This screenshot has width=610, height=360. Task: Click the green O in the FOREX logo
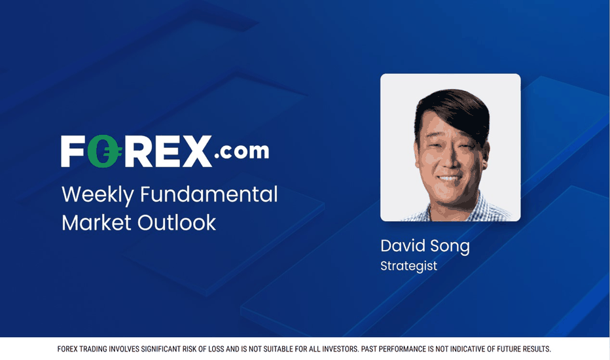pyautogui.click(x=103, y=151)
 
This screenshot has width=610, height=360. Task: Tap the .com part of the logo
pyautogui.click(x=242, y=151)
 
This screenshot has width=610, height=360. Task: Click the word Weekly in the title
pyautogui.click(x=98, y=194)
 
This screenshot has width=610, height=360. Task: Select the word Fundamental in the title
pyautogui.click(x=209, y=194)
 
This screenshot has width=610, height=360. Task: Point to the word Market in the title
pyautogui.click(x=96, y=223)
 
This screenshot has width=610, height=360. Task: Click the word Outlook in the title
pyautogui.click(x=177, y=223)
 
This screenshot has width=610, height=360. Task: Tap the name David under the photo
pyautogui.click(x=403, y=245)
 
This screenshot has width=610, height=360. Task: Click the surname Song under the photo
pyautogui.click(x=450, y=246)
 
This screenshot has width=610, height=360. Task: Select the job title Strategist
pyautogui.click(x=408, y=266)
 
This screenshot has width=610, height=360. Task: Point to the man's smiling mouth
pyautogui.click(x=450, y=178)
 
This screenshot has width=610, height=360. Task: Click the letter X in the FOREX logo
pyautogui.click(x=197, y=151)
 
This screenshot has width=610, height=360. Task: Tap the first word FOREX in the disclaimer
pyautogui.click(x=67, y=349)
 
